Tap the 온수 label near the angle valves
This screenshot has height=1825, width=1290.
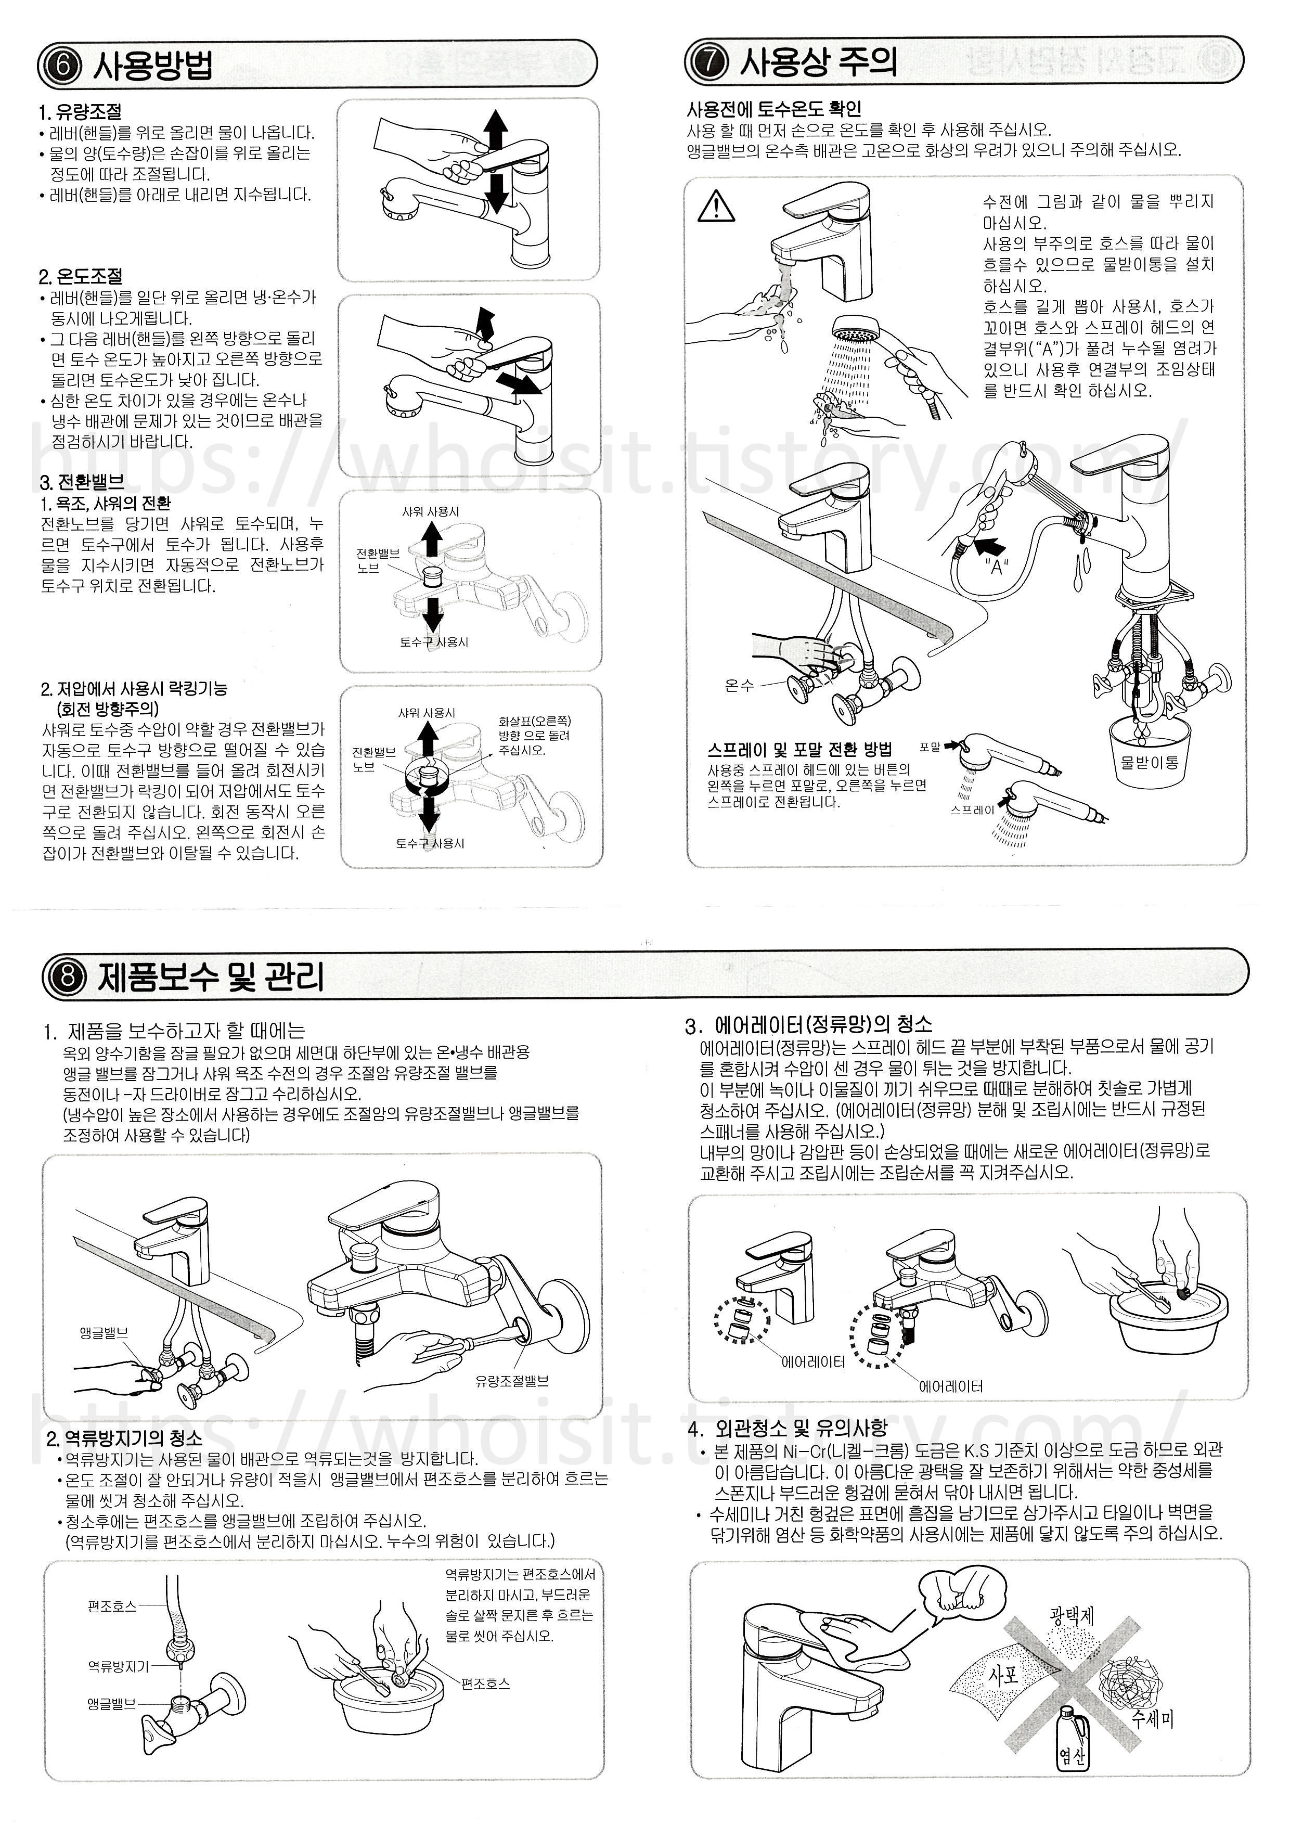coord(739,685)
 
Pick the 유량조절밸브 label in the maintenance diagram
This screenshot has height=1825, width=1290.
coord(512,1381)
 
